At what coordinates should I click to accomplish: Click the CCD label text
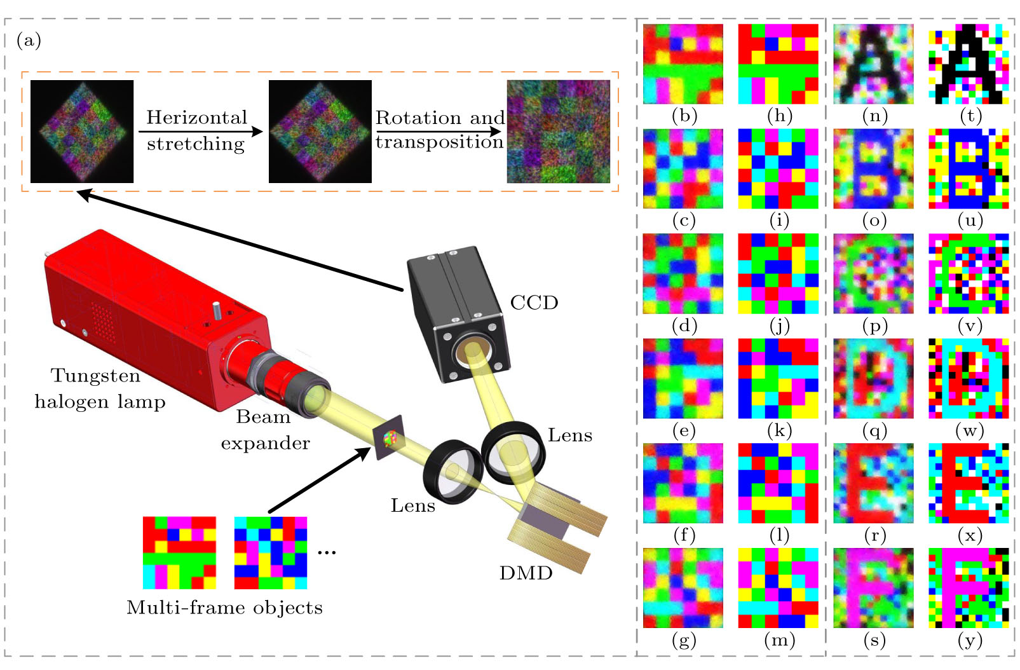(x=534, y=303)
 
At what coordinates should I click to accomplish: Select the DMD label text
(x=526, y=573)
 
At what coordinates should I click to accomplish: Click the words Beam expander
(x=264, y=430)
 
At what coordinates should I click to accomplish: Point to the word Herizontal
(x=196, y=118)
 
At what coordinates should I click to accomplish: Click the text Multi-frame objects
(x=224, y=608)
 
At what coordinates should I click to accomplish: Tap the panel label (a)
(x=29, y=41)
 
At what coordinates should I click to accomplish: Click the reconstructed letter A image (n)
(x=873, y=64)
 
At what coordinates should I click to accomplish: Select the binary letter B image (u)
(x=969, y=169)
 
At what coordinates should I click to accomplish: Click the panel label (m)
(x=779, y=641)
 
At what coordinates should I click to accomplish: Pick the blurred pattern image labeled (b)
(x=683, y=64)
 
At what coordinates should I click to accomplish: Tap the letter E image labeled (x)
(x=969, y=483)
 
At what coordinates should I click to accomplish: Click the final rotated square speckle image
(x=558, y=132)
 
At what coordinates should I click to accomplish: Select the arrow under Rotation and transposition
(x=439, y=132)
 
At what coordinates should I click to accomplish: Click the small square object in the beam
(x=389, y=437)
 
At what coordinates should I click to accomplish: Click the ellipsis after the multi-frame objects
(x=326, y=552)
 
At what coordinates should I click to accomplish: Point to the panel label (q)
(x=874, y=431)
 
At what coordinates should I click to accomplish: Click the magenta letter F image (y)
(x=969, y=588)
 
